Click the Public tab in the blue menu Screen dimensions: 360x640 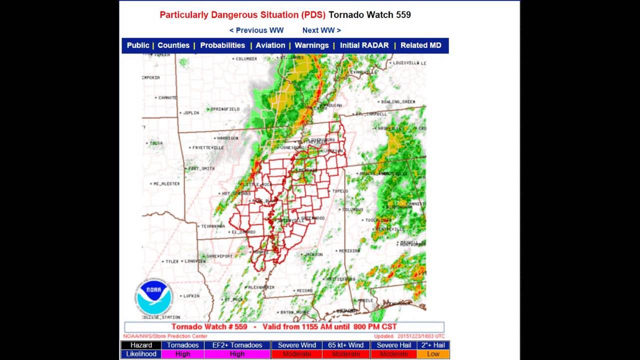138,45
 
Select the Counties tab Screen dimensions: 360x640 173,45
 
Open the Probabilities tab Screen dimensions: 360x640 222,45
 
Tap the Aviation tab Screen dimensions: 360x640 270,45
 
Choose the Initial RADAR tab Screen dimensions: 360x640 364,45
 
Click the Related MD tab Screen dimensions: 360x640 420,45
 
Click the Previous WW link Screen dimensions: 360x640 256,30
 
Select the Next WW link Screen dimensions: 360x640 321,30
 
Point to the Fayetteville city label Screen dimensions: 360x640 208,148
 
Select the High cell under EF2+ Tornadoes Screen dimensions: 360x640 237,354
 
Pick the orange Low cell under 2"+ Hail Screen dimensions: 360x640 433,354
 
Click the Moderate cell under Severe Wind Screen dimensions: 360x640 296,354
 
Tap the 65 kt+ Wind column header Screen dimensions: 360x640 345,345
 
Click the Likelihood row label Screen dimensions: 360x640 141,354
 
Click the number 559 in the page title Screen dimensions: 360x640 403,15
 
